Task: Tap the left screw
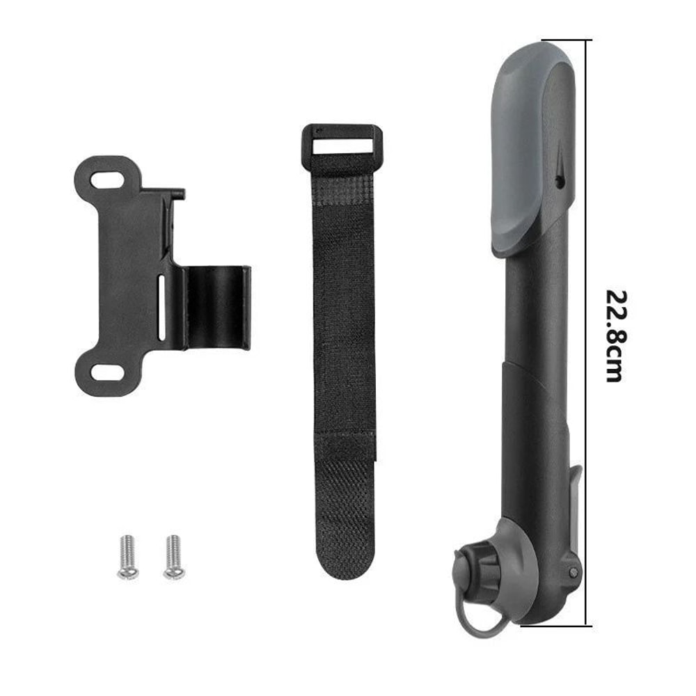[127, 556]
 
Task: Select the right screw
[173, 556]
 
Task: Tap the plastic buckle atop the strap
[341, 147]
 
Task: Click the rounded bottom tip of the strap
[345, 567]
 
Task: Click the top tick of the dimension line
[566, 40]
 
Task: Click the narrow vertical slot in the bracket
[161, 307]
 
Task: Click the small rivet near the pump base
[573, 571]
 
